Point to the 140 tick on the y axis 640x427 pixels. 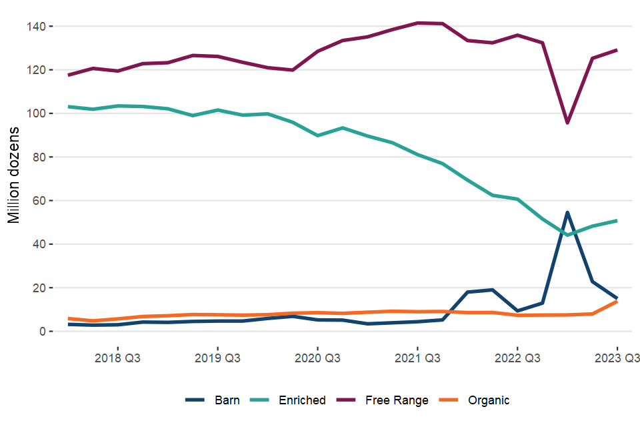[35, 27]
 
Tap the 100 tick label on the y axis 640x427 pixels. [35, 113]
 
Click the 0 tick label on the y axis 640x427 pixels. [41, 332]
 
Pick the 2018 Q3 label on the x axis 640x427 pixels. [118, 357]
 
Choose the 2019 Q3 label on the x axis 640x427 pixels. [217, 357]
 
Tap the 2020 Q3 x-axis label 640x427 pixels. [317, 357]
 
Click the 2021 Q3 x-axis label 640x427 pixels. [417, 357]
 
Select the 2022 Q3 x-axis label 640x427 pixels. [517, 357]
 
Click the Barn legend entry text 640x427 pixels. [227, 400]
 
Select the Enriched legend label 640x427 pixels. [302, 400]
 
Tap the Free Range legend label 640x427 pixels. [397, 400]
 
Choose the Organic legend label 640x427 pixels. [489, 400]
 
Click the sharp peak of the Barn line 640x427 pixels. [567, 213]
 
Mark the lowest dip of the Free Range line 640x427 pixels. [567, 123]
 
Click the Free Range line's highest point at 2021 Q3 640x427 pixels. [417, 23]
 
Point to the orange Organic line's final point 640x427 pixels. [617, 302]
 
